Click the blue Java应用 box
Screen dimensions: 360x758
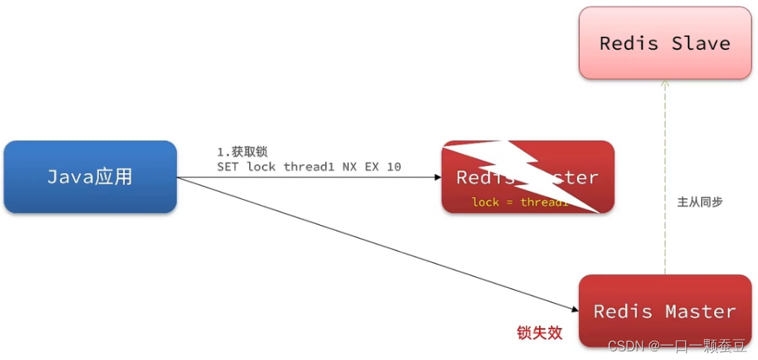90,177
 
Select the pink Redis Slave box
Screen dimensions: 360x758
665,43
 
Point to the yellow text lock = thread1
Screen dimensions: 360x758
520,202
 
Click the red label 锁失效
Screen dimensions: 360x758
539,333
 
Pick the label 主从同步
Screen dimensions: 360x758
700,202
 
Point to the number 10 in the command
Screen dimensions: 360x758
393,167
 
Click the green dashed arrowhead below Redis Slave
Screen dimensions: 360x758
665,84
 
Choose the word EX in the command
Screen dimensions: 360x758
373,167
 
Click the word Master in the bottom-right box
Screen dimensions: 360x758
700,311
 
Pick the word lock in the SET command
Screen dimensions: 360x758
261,167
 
